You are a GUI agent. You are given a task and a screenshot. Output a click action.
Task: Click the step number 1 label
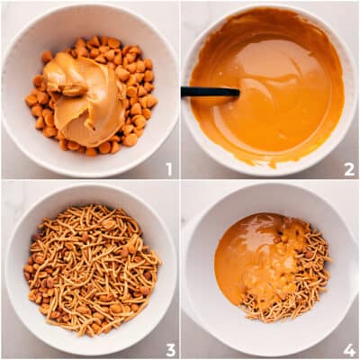(x=168, y=168)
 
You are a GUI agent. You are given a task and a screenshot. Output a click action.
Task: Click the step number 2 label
(x=348, y=168)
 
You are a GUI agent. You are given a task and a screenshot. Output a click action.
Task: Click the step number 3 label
(x=168, y=349)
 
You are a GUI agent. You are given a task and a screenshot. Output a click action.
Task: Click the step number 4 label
(x=348, y=349)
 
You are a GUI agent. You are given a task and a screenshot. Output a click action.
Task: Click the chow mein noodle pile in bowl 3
(x=90, y=270)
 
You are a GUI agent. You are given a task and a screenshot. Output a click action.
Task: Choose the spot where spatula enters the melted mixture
(x=238, y=92)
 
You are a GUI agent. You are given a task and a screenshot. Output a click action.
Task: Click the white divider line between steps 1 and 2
(x=180, y=90)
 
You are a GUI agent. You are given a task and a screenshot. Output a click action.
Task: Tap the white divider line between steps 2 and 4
(x=270, y=180)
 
